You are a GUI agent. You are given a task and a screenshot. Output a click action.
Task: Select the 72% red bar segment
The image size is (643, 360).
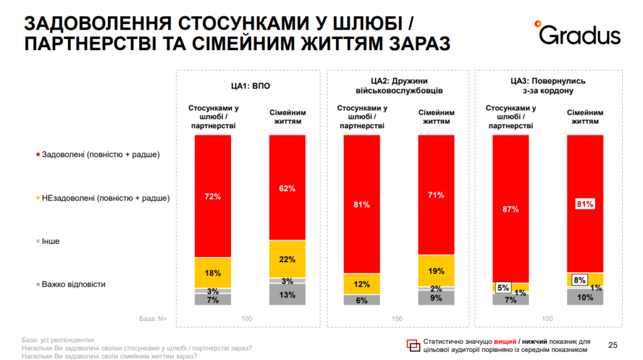213,196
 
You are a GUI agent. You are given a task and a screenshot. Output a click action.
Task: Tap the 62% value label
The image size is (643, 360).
287,188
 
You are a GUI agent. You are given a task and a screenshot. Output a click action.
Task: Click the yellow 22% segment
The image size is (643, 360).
287,259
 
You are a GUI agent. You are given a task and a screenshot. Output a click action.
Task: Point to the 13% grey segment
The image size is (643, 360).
287,295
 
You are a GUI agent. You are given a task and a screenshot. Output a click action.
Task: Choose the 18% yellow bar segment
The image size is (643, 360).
213,273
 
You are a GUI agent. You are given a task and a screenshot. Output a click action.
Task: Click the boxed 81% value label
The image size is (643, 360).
585,204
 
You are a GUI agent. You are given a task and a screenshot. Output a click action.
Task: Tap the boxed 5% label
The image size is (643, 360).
504,288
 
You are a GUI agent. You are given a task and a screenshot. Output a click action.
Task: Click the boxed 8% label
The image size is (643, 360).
579,280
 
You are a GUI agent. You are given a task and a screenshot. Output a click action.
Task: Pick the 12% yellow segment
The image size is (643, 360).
362,284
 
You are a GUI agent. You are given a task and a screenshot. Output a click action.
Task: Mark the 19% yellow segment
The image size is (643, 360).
436,271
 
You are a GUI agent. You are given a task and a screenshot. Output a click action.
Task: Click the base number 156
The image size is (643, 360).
397,319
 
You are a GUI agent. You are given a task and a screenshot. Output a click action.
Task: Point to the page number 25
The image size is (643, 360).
613,344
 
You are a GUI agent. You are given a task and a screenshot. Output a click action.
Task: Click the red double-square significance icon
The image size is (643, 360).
413,344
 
